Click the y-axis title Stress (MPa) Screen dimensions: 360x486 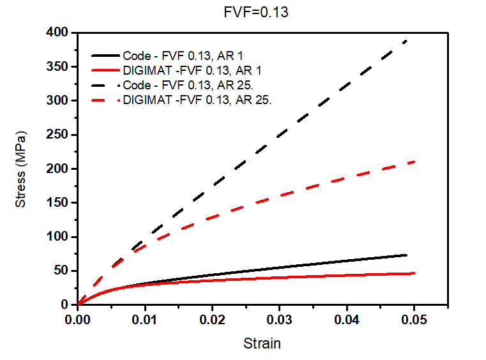(21, 169)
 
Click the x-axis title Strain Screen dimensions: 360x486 (262, 343)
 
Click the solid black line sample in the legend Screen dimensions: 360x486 (105, 56)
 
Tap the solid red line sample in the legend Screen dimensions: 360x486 (105, 70)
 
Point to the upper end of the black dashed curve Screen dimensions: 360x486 (407, 40)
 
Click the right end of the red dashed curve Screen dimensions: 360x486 (414, 161)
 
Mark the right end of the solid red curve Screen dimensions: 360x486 (414, 273)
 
